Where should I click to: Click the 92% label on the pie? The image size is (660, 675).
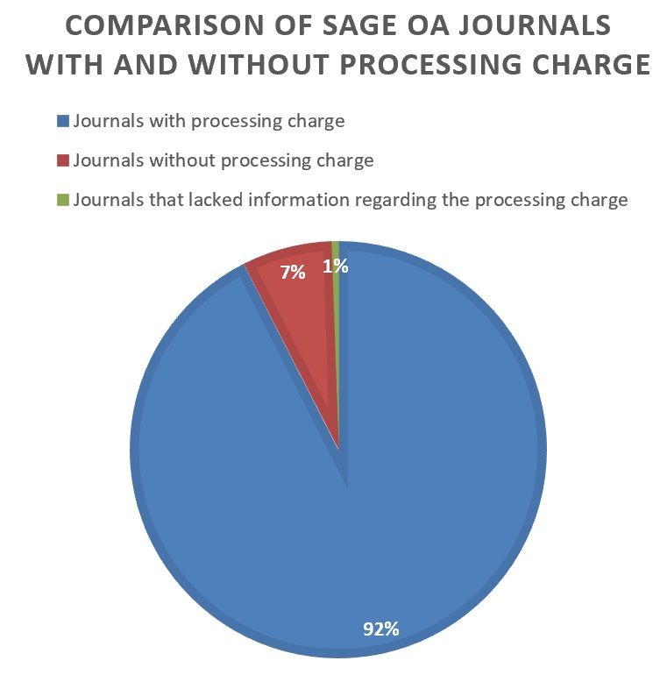point(381,628)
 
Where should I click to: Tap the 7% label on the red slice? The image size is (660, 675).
point(293,273)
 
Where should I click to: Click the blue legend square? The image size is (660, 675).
point(62,121)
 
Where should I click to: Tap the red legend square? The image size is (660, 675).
point(62,160)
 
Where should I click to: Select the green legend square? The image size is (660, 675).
point(62,200)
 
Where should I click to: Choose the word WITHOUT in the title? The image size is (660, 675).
point(252,66)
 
